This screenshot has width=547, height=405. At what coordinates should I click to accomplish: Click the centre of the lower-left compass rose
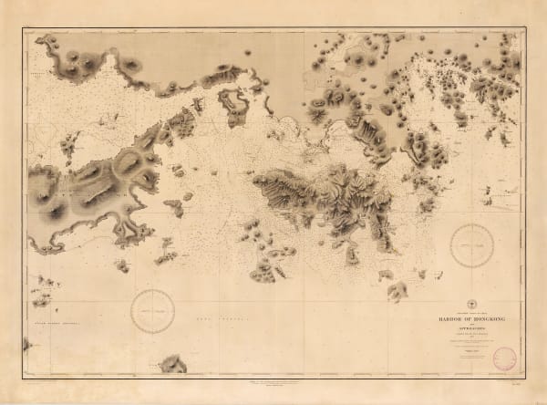click(x=152, y=310)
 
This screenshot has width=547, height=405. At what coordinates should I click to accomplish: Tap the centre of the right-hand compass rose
click(x=472, y=244)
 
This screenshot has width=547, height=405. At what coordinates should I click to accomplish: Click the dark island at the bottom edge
click(x=171, y=365)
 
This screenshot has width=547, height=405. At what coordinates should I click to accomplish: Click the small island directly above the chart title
click(x=397, y=291)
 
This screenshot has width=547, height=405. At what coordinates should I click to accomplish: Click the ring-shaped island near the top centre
click(x=233, y=106)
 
